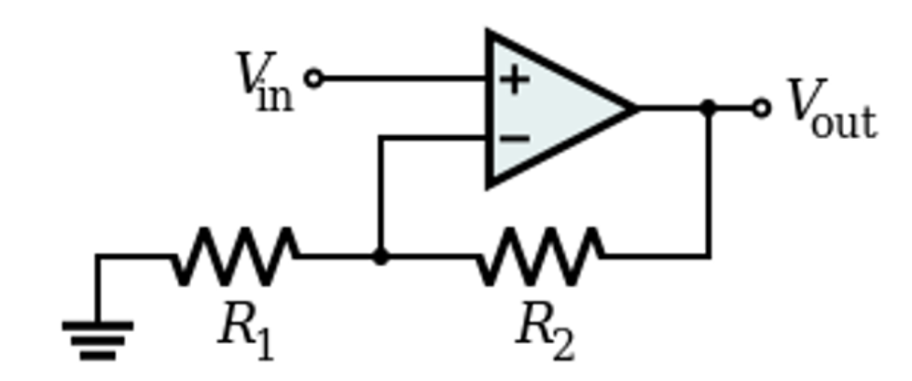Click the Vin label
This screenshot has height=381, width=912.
[265, 82]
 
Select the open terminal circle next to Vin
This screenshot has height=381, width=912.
[314, 79]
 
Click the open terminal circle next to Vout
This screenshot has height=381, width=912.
[761, 108]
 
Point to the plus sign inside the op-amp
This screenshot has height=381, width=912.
[514, 79]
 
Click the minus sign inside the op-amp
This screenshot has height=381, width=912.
[515, 139]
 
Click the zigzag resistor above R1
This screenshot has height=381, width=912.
[235, 255]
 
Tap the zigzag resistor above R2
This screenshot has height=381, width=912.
[539, 255]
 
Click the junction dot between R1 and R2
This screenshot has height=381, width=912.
[380, 256]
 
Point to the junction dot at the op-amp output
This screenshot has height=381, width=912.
[709, 108]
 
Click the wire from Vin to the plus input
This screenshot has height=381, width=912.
[401, 79]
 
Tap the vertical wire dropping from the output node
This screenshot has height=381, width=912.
[709, 186]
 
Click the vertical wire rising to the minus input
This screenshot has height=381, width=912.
[380, 196]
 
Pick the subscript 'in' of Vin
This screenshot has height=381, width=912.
[274, 95]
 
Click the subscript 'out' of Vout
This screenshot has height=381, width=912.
[844, 123]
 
